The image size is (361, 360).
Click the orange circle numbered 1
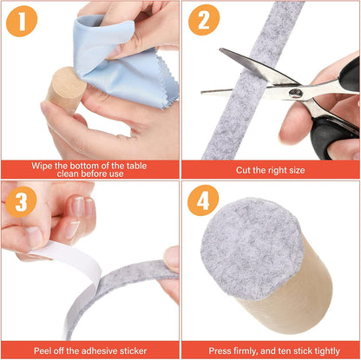(x=22, y=21)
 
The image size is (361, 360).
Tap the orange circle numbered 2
(x=204, y=20)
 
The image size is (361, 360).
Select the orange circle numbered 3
(x=21, y=201)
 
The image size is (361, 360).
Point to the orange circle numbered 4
(x=203, y=200)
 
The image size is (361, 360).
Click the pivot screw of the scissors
(x=296, y=93)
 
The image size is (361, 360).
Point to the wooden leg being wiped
(x=66, y=88)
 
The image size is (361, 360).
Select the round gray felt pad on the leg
(x=251, y=249)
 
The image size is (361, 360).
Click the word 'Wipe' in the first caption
(x=40, y=166)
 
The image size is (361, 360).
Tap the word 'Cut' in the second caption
(x=243, y=170)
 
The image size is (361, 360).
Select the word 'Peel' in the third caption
(x=43, y=350)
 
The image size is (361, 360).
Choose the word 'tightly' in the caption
(x=327, y=351)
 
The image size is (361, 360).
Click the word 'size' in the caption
(x=296, y=170)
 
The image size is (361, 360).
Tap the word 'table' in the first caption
(x=136, y=166)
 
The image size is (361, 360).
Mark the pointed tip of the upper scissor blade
(x=220, y=49)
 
